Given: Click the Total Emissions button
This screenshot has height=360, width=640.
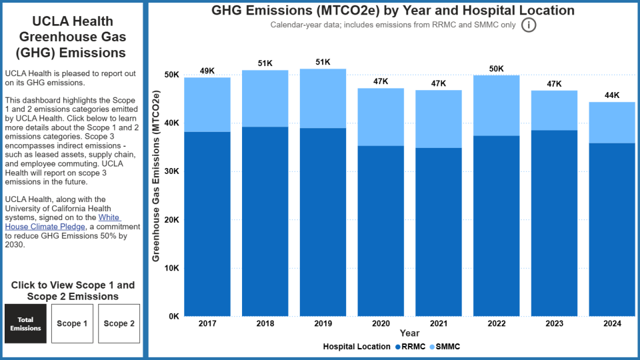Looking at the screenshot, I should (x=25, y=323).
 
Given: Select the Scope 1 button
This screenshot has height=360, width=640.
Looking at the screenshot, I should (x=72, y=323).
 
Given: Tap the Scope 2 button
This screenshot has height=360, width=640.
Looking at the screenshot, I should (x=119, y=323).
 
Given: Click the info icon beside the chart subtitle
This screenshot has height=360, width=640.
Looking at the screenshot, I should (x=529, y=25).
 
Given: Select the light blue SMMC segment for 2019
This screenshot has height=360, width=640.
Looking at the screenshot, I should (x=323, y=98).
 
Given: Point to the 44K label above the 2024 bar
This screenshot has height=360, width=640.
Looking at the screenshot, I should (x=611, y=95).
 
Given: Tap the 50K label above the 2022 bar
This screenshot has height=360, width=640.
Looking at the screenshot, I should (x=496, y=69).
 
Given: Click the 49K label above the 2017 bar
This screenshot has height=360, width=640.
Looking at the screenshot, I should (x=207, y=71).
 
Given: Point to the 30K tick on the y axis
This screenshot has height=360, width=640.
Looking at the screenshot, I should (x=172, y=171).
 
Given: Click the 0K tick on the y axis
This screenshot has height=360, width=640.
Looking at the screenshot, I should (x=174, y=317).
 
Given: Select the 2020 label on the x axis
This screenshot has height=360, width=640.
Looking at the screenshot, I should (x=381, y=323).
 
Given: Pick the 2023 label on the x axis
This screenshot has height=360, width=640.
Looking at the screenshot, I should (x=553, y=323).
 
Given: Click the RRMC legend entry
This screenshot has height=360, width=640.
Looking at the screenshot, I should (x=408, y=347).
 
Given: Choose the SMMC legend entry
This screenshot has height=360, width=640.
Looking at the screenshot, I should (x=445, y=347).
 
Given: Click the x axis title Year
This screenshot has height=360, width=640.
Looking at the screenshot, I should (x=409, y=333).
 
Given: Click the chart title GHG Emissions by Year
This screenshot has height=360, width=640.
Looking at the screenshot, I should (x=393, y=11).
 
